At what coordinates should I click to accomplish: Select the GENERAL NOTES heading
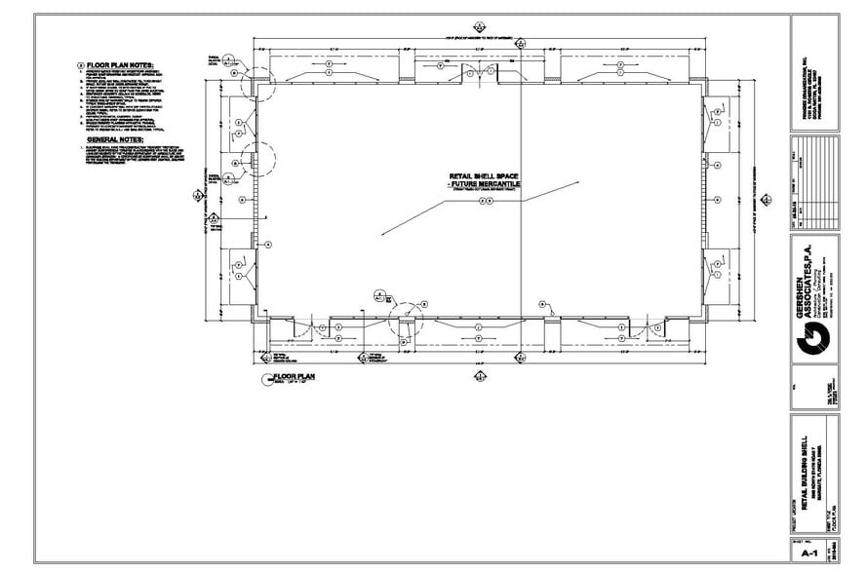tap(109, 139)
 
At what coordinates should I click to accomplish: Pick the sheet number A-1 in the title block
tap(808, 553)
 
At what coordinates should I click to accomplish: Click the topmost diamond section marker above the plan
tap(479, 26)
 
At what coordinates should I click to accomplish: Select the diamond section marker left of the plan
tap(199, 193)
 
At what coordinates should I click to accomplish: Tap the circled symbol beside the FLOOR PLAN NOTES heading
tap(80, 65)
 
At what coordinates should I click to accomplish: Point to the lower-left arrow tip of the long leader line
tap(382, 235)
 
